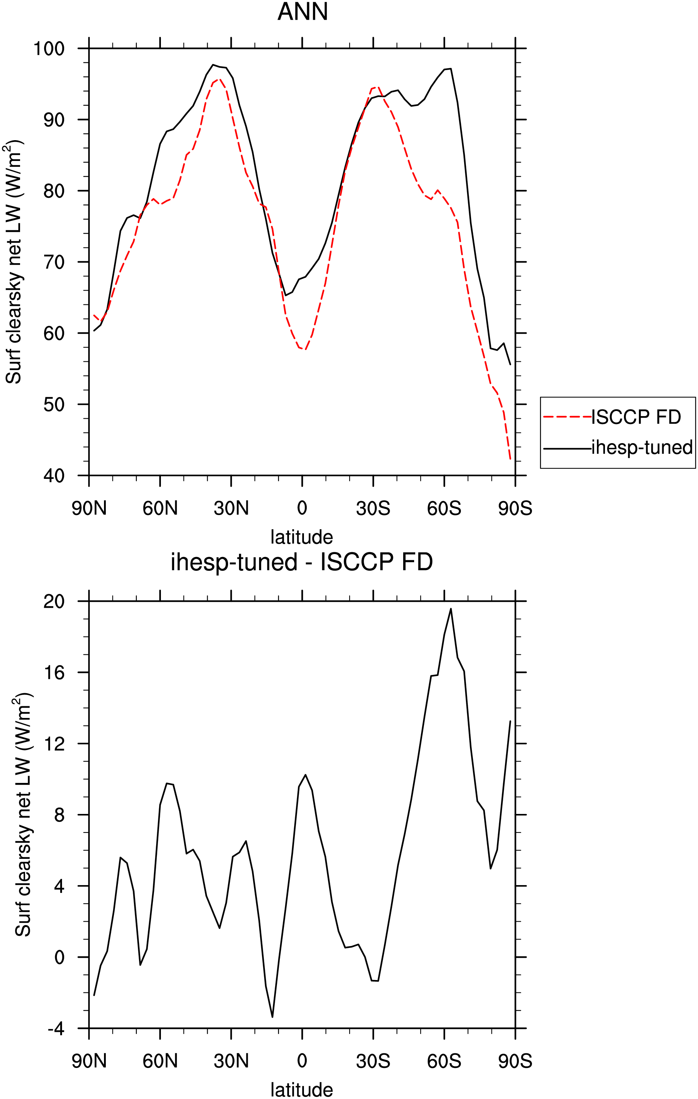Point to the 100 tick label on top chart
(49, 49)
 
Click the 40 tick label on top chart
(54, 476)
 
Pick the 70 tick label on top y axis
(54, 262)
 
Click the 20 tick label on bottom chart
(54, 601)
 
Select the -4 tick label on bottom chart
(56, 1029)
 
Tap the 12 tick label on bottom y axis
(54, 743)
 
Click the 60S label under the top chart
(444, 508)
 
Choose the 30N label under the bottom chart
(231, 1061)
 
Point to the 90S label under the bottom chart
(515, 1061)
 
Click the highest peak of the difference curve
(451, 608)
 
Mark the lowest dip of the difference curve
(272, 1017)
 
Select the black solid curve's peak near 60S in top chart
(451, 69)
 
